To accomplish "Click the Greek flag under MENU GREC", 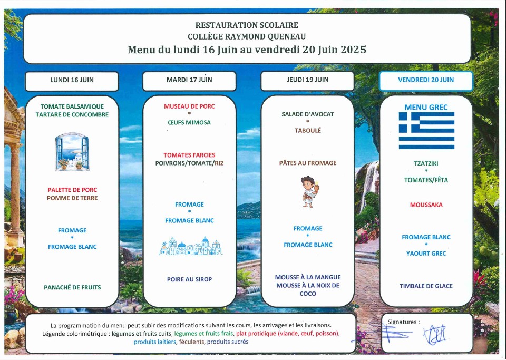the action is coord(426,130).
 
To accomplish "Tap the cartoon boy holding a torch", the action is coord(309,192).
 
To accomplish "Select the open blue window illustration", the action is coord(72,152).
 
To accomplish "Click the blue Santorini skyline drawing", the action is coord(190,247).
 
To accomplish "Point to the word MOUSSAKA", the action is coord(426,205).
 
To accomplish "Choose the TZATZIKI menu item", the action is coord(426,163).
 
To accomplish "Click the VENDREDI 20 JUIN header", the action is coord(426,80).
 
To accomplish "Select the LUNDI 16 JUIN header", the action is coord(72,80).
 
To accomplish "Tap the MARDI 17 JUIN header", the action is coord(189,80).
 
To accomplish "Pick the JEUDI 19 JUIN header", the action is coord(307,80).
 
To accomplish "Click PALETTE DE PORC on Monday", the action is coord(72,190).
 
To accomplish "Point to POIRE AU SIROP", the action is coord(189,279).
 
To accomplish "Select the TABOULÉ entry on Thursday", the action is coord(307,130).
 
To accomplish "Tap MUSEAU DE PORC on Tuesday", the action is coord(189,106).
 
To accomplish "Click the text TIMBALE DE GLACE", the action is coord(426,286).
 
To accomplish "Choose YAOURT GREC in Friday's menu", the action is coord(426,254).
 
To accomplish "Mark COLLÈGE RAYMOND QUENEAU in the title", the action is coord(247,36).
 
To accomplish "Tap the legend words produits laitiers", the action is coord(155,342).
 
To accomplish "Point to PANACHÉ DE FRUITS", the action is coord(72,287).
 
